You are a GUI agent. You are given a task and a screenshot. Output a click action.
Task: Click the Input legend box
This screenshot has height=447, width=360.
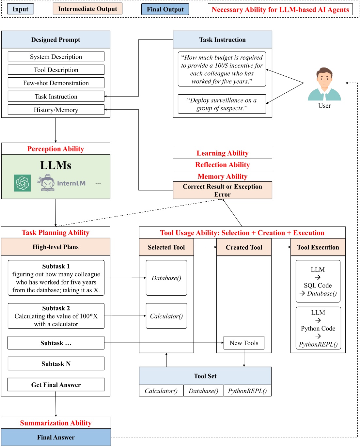click(20, 9)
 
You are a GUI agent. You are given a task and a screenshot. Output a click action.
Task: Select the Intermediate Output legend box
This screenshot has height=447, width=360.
click(87, 9)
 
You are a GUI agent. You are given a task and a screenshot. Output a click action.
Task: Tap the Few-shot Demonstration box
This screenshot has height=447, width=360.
click(56, 83)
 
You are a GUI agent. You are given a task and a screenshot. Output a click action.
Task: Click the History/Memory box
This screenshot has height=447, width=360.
click(56, 110)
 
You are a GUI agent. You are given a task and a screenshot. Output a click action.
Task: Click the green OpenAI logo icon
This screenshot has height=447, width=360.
click(23, 183)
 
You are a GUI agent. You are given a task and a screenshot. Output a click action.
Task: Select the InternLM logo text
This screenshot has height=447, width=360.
click(71, 183)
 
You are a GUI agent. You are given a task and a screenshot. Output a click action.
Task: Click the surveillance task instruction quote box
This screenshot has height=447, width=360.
click(222, 104)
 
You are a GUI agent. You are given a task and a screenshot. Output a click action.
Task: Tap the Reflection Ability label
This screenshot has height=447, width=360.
click(222, 164)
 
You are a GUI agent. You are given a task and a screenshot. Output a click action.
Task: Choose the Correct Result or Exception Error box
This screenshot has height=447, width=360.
click(222, 190)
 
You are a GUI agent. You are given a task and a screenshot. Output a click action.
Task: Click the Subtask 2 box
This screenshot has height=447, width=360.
click(56, 316)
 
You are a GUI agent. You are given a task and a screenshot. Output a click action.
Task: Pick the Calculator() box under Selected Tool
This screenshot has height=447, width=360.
click(166, 316)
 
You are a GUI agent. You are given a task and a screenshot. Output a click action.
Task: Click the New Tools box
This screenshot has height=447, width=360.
click(244, 343)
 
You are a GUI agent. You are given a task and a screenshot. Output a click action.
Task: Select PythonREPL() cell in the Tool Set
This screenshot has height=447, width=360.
click(247, 391)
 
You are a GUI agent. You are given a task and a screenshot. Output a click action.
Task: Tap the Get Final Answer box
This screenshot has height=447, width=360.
click(56, 385)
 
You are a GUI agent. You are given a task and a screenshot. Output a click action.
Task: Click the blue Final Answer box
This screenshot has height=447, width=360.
click(56, 437)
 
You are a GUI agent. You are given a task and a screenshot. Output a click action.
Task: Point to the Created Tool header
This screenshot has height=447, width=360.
click(244, 247)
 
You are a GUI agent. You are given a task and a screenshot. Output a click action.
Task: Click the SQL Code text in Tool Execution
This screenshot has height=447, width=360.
click(318, 285)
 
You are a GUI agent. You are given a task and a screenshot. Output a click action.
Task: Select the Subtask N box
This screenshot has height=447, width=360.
click(56, 364)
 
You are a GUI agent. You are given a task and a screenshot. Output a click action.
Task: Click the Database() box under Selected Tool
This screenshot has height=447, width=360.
click(166, 278)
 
